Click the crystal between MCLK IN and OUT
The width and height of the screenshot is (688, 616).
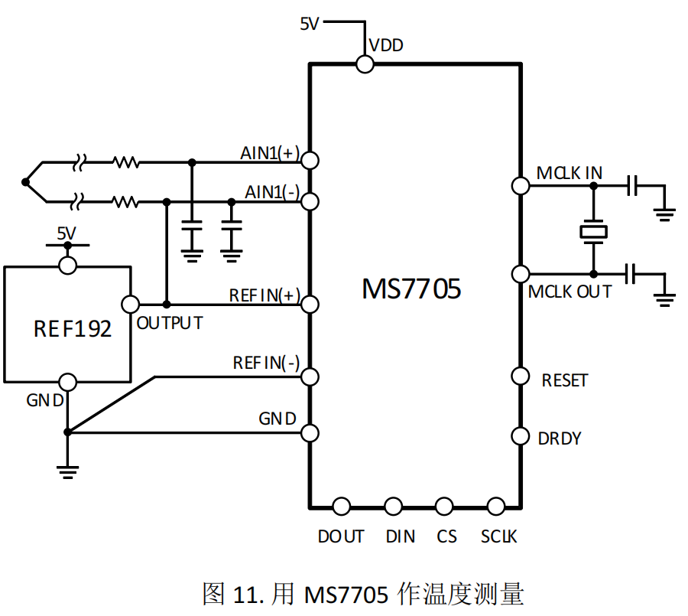tap(593, 232)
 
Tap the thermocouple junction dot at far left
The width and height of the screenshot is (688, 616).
tap(25, 182)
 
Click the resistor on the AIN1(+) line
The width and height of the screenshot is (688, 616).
tap(126, 162)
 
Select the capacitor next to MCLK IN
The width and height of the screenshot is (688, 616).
tap(632, 186)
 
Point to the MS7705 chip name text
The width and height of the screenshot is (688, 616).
tap(411, 289)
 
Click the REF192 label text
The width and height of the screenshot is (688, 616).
tap(73, 328)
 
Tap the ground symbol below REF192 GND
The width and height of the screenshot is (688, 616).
tap(67, 472)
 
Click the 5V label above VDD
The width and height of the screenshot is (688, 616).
tap(310, 24)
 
